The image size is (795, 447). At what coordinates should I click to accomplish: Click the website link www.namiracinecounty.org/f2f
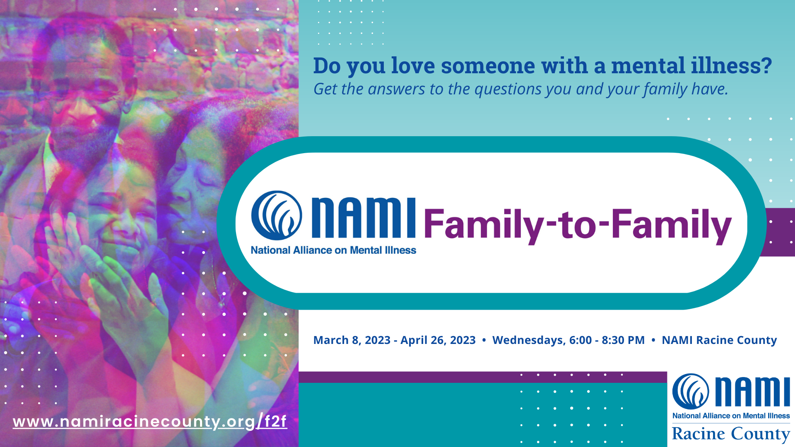coord(149,422)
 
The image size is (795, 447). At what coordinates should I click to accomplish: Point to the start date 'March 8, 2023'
coord(352,340)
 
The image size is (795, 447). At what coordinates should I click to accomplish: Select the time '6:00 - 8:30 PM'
coord(607,340)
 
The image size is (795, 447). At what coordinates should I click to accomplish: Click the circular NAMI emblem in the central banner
coord(276,215)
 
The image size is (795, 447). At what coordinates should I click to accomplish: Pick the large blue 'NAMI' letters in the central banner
coord(363,218)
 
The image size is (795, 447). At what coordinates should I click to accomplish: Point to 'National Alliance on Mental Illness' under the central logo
coord(333,250)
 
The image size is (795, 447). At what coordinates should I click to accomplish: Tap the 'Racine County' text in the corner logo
coord(731,434)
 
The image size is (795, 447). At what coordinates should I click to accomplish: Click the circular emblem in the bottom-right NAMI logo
coord(690,391)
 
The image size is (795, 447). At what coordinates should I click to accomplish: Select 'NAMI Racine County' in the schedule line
coord(719,340)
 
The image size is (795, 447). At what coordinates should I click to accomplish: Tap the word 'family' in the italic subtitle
coord(665,89)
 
